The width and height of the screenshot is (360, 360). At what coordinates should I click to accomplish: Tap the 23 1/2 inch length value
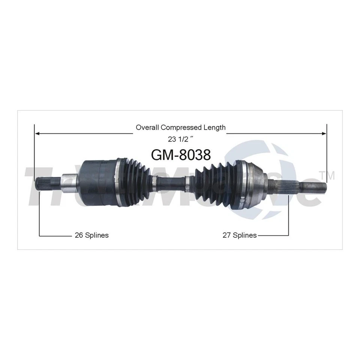tap(180, 139)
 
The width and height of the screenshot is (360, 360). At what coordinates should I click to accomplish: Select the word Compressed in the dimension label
tap(181, 127)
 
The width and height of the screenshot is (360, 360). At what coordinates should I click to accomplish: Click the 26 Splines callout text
tap(91, 235)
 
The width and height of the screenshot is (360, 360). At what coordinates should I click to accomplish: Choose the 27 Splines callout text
tap(240, 235)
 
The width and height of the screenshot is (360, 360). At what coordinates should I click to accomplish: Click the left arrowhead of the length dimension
tap(37, 133)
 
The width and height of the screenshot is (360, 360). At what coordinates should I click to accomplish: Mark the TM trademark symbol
tap(328, 175)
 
